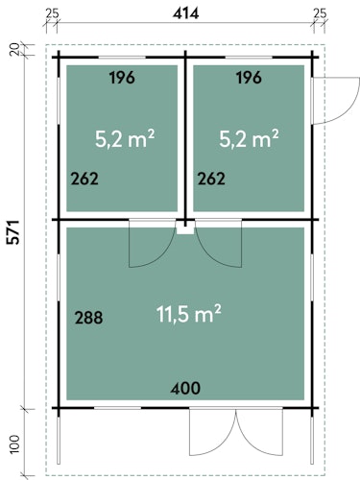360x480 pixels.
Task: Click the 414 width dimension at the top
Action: coord(185,13)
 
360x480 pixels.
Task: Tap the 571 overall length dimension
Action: coord(14,232)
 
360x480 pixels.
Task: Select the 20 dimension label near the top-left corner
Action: coord(14,50)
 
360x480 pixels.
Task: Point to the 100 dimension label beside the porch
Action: coord(14,444)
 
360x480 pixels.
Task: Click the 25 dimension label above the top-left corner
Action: coord(52,13)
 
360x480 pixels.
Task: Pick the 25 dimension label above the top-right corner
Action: coord(320,13)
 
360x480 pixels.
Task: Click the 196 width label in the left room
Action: coord(122,78)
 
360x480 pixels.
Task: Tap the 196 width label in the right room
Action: coord(249,78)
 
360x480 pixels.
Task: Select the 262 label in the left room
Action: coord(84,179)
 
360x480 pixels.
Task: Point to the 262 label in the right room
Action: coord(211,179)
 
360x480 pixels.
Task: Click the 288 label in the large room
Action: coord(88,318)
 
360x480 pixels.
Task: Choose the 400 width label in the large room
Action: coord(185,388)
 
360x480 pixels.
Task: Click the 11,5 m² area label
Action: coord(189,314)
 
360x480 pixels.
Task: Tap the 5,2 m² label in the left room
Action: coord(125,138)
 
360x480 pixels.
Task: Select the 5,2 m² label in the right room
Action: coord(249,138)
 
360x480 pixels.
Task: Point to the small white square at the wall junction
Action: coord(185,228)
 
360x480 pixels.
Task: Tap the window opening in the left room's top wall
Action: coord(122,58)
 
